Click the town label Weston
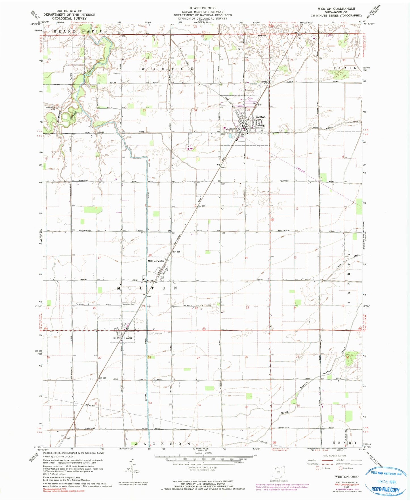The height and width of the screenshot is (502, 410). (x=260, y=117)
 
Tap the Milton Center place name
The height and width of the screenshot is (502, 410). (x=156, y=261)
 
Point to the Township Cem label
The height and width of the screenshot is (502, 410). (x=128, y=304)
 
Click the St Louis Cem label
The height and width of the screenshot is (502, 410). (x=156, y=334)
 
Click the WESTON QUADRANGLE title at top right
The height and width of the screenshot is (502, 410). (x=336, y=9)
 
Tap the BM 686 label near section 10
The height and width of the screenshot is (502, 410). (x=201, y=206)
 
